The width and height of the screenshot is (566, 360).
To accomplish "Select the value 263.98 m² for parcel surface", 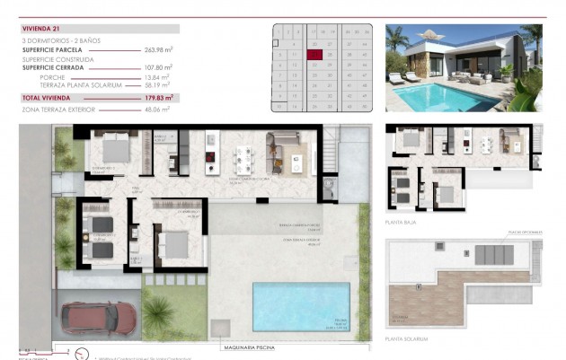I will point(159,50).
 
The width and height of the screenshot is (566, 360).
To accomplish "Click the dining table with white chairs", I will point(243,159).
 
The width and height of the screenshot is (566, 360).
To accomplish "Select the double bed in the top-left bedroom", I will point(115,147).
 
